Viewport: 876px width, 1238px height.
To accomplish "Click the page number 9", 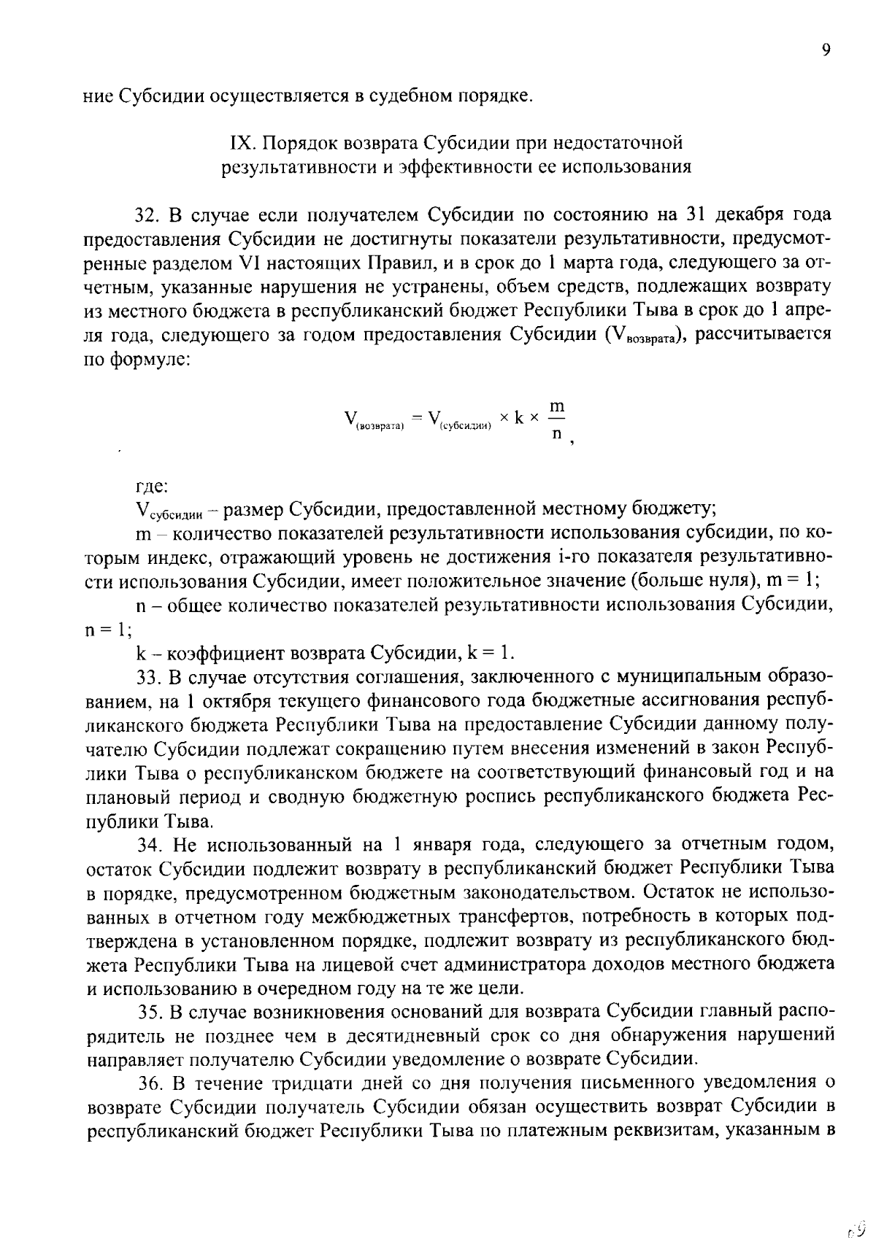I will tap(826, 50).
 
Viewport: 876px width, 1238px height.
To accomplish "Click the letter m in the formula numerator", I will tap(557, 405).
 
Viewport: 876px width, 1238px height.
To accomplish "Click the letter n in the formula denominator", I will tap(557, 433).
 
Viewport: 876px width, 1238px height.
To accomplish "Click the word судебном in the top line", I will tap(406, 96).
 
